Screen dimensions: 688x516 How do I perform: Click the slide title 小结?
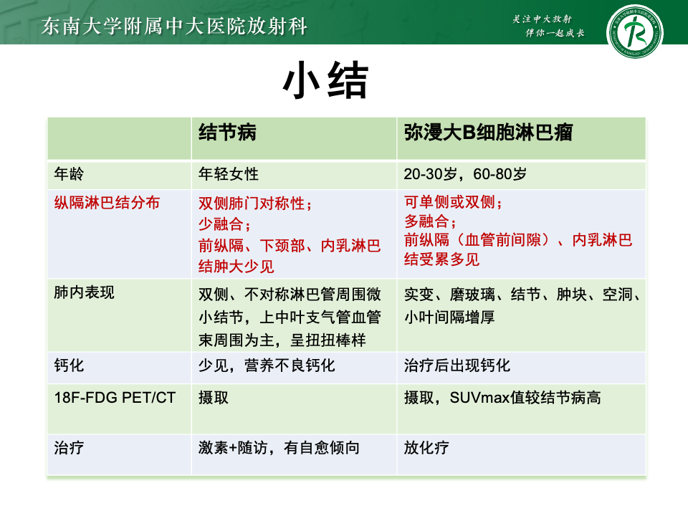[325, 80]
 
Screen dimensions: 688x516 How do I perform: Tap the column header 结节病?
[227, 132]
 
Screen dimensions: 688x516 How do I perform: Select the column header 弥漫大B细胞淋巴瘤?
[488, 132]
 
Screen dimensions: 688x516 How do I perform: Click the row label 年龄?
[69, 173]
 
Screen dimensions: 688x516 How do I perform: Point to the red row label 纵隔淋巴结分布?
[107, 203]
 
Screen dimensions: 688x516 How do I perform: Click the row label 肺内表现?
[85, 292]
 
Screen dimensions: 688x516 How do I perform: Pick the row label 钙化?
[69, 365]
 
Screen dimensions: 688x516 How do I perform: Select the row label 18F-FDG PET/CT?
[115, 398]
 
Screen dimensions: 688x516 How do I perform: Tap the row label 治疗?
[69, 447]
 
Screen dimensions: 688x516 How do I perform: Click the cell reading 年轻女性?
[229, 173]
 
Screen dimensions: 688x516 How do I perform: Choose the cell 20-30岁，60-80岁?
[465, 173]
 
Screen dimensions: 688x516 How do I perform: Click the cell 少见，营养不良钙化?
[267, 365]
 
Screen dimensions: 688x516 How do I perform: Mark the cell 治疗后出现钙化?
[457, 365]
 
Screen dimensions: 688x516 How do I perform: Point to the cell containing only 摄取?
[214, 398]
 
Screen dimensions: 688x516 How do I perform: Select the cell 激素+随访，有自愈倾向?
[279, 447]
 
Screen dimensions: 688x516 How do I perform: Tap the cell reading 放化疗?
[426, 447]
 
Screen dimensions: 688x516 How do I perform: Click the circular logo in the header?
[634, 32]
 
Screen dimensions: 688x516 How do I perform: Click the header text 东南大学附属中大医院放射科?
[174, 26]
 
